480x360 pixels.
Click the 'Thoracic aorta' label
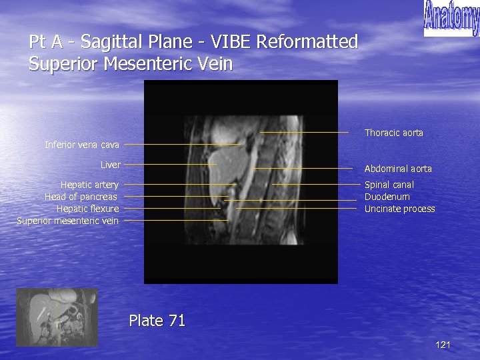(x=393, y=133)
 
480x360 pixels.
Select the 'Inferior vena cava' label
(x=82, y=145)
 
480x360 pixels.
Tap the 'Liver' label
(x=110, y=165)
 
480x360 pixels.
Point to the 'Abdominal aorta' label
(x=397, y=169)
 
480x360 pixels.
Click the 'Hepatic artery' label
(x=89, y=185)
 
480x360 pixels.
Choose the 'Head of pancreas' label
(x=81, y=197)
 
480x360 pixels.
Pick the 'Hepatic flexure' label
(x=87, y=209)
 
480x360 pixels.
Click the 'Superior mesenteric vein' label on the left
(x=67, y=221)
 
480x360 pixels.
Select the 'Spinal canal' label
(x=389, y=185)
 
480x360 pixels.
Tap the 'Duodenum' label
(x=387, y=197)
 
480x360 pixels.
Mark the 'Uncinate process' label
(x=399, y=209)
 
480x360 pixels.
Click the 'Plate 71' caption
(x=157, y=321)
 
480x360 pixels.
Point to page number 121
(x=443, y=345)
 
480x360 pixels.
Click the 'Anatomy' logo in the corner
(x=451, y=19)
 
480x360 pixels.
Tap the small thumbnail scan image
(x=57, y=317)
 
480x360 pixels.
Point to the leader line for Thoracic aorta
(x=303, y=133)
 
